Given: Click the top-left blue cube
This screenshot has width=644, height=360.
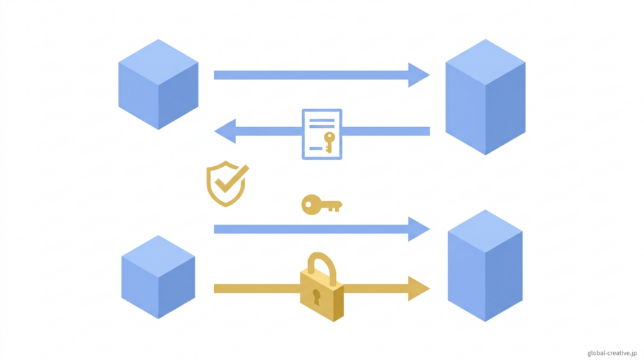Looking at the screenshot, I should point(158,84).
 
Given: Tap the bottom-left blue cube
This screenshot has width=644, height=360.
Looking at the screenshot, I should point(158,277).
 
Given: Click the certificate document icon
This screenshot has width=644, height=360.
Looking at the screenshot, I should point(322,133).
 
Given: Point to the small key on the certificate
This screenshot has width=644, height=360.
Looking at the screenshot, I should point(328,142).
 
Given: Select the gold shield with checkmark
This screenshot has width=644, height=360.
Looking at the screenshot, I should point(226,184).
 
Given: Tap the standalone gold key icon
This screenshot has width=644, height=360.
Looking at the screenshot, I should point(321,204).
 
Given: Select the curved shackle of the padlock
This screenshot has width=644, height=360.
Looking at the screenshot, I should point(321,264).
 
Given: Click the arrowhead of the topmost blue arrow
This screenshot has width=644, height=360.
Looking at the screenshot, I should point(418,75).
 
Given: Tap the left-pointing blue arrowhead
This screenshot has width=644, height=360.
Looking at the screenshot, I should point(225,132).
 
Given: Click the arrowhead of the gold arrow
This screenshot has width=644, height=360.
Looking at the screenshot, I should point(418,288).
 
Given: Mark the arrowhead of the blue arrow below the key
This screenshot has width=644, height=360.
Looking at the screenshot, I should point(418,229).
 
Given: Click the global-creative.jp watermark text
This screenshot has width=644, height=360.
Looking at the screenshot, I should point(612,353).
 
